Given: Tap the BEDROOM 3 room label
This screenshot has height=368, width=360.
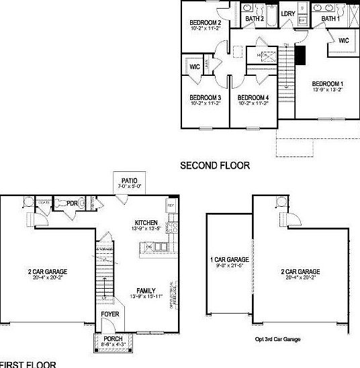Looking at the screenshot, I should [206, 97].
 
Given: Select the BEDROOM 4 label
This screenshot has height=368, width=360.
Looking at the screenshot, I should [255, 97].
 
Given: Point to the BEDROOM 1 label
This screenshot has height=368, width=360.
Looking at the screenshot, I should [328, 84].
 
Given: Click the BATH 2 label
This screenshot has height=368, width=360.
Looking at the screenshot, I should [254, 19].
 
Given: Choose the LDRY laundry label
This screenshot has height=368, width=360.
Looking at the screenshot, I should [288, 13].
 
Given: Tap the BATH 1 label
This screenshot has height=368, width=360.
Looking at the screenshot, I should [330, 19].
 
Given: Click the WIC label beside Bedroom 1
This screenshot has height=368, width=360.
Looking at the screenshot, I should [343, 41].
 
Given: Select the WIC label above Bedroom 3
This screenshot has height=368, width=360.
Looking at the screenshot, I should [195, 67].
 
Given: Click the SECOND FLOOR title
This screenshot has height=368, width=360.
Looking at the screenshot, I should [215, 165].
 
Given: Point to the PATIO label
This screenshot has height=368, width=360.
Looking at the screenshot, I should [128, 181].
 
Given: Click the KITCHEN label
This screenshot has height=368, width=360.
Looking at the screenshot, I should [146, 222].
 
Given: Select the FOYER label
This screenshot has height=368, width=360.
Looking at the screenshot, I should [110, 314].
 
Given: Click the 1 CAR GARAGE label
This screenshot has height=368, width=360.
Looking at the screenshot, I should [230, 259].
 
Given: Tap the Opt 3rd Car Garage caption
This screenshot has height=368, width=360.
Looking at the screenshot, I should [277, 340].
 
